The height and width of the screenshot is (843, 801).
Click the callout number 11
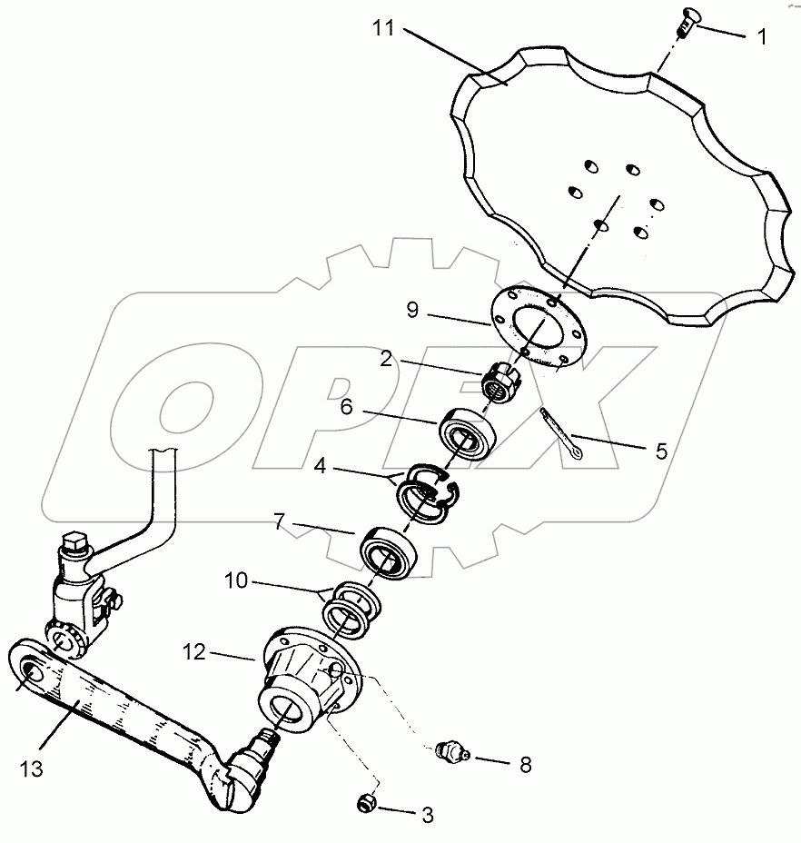pyautogui.click(x=383, y=30)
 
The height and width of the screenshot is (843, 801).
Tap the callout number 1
pyautogui.click(x=761, y=37)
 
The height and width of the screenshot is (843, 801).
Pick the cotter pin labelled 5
pyautogui.click(x=562, y=439)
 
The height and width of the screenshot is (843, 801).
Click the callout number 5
pyautogui.click(x=660, y=450)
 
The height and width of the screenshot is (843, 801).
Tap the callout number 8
pyautogui.click(x=525, y=764)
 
